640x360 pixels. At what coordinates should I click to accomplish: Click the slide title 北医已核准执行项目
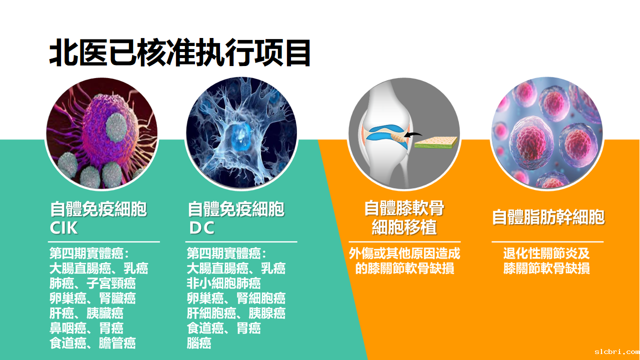pyautogui.click(x=179, y=53)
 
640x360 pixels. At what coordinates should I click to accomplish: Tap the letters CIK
pyautogui.click(x=63, y=228)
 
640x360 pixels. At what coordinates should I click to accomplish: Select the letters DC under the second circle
pyautogui.click(x=201, y=228)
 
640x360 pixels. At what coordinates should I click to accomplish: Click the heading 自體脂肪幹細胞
pyautogui.click(x=548, y=217)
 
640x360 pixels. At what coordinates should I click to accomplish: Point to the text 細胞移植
pyautogui.click(x=404, y=227)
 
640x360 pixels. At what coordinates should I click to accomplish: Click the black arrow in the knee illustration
pyautogui.click(x=413, y=134)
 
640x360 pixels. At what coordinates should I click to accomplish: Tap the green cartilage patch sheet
pyautogui.click(x=435, y=142)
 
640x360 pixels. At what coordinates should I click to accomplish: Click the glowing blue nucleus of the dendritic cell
pyautogui.click(x=239, y=137)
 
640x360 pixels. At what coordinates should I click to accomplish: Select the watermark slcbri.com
pyautogui.click(x=617, y=351)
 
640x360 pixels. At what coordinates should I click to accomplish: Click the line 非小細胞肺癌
pyautogui.click(x=223, y=283)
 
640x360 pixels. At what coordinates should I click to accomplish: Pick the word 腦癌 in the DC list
pyautogui.click(x=199, y=343)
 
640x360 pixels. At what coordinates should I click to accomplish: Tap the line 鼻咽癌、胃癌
pyautogui.click(x=86, y=328)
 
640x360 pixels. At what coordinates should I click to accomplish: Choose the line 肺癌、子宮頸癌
pyautogui.click(x=92, y=283)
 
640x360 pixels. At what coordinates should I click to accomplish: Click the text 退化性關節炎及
pyautogui.click(x=546, y=253)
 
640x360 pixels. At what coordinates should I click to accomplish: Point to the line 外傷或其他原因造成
pyautogui.click(x=404, y=253)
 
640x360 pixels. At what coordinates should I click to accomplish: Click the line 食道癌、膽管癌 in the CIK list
pyautogui.click(x=92, y=343)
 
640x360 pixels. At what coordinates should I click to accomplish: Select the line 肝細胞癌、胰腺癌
pyautogui.click(x=236, y=313)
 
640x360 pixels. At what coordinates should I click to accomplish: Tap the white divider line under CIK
pyautogui.click(x=103, y=241)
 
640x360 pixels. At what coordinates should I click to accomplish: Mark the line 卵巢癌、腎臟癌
pyautogui.click(x=92, y=298)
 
